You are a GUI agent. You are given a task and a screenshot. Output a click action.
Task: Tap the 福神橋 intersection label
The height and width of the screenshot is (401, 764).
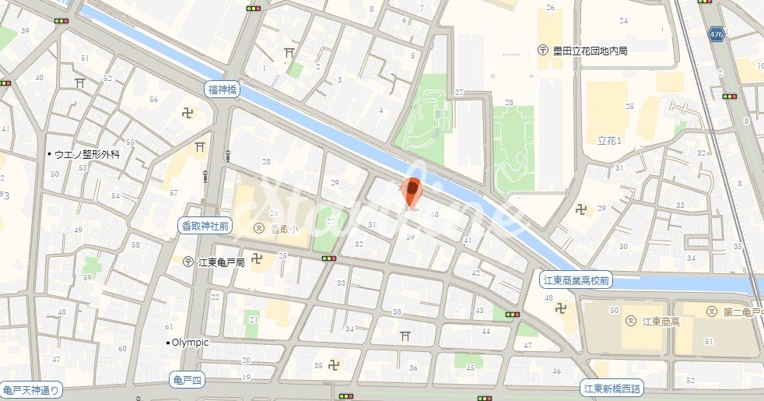pos(223,90)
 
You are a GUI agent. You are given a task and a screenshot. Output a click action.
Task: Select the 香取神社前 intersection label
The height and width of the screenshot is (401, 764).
pos(205,226)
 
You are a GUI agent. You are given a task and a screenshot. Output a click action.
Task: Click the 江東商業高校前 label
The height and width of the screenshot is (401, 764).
pos(576,279)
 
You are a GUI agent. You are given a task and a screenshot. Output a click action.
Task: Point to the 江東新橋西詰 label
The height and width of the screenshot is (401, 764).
pos(613,388)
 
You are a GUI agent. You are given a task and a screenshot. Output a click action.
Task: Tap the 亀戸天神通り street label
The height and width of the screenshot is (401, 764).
pos(31,391)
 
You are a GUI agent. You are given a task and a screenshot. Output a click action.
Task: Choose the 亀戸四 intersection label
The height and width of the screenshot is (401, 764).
pos(187,380)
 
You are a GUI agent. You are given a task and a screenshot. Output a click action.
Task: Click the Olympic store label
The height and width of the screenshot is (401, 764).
pos(190,343)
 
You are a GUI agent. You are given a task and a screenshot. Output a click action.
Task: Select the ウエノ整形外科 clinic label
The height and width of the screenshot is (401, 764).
pos(87,155)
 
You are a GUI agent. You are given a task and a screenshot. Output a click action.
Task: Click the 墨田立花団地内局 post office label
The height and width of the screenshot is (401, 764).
pos(590,51)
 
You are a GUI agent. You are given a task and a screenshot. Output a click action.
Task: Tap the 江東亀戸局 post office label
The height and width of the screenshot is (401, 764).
pos(221,262)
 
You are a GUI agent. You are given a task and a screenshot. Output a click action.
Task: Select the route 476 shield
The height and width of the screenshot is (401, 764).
pos(717,34)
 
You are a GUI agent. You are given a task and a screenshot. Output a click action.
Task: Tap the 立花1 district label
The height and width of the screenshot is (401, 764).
pos(608,141)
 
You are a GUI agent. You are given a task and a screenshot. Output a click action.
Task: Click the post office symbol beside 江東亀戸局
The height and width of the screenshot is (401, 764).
pos(187,262)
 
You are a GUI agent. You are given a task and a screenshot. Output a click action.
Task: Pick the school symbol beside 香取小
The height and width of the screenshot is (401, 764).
pos(258,228)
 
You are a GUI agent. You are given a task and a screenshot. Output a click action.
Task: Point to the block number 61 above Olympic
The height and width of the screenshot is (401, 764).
pos(169,327)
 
